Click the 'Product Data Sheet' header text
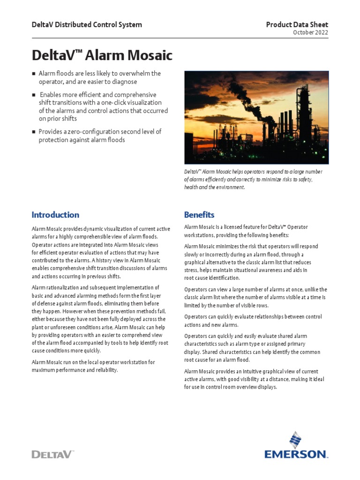tap(297, 24)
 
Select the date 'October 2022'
tap(310, 33)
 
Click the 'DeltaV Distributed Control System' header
tap(87, 24)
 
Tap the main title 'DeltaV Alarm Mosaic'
tap(102, 56)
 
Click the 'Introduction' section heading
tap(55, 215)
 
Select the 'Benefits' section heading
tap(199, 215)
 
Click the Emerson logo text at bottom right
tap(295, 454)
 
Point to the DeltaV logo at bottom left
tap(52, 454)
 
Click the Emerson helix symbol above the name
tap(295, 440)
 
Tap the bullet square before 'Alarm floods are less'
tap(34, 74)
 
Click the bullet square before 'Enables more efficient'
tap(34, 95)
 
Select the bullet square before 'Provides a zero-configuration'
tap(34, 132)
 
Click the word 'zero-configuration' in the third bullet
tap(90, 132)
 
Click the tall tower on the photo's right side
tap(304, 112)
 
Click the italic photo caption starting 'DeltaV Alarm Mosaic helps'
tap(253, 180)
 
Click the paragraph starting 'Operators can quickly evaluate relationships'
tap(253, 321)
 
